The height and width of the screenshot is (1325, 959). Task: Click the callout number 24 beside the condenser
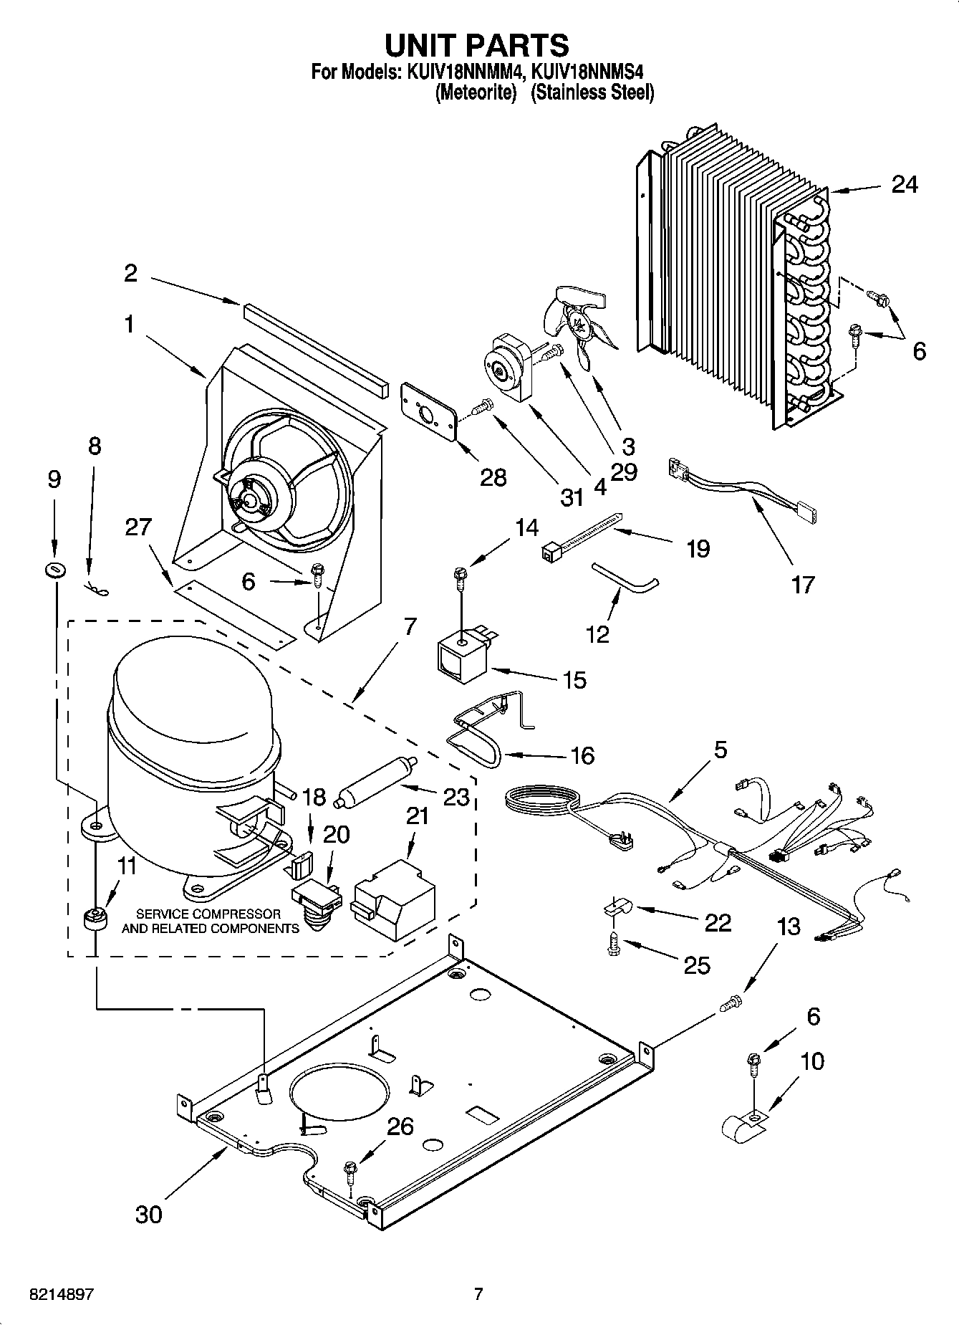pyautogui.click(x=904, y=184)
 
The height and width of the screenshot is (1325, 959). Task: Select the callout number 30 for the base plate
pyautogui.click(x=149, y=1214)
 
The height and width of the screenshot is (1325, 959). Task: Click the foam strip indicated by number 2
pyautogui.click(x=314, y=343)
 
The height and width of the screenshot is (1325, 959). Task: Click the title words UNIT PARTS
pyautogui.click(x=478, y=44)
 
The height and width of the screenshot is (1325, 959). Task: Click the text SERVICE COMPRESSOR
pyautogui.click(x=208, y=914)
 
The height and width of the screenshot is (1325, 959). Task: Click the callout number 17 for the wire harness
pyautogui.click(x=803, y=585)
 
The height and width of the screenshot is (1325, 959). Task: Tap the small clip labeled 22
pyautogui.click(x=615, y=908)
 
